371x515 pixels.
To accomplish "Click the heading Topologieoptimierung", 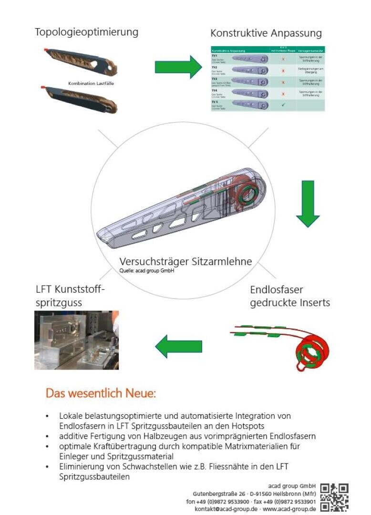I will (x=86, y=32).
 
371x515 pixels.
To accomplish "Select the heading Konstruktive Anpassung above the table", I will (x=266, y=33).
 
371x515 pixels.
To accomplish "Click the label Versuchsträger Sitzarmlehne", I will (x=185, y=261).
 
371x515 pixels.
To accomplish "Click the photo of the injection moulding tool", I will (x=76, y=340).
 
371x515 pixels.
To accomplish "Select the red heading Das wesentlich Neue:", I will (x=101, y=394).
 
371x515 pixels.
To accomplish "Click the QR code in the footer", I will (x=334, y=496).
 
